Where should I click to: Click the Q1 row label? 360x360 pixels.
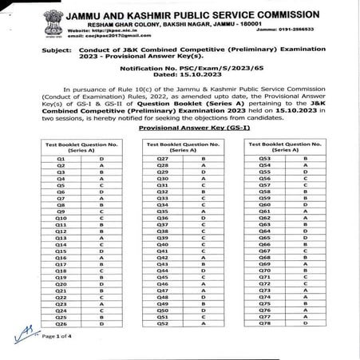coord(61,159)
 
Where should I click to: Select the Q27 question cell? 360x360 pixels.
coord(161,159)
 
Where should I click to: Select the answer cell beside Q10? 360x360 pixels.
coord(101,218)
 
